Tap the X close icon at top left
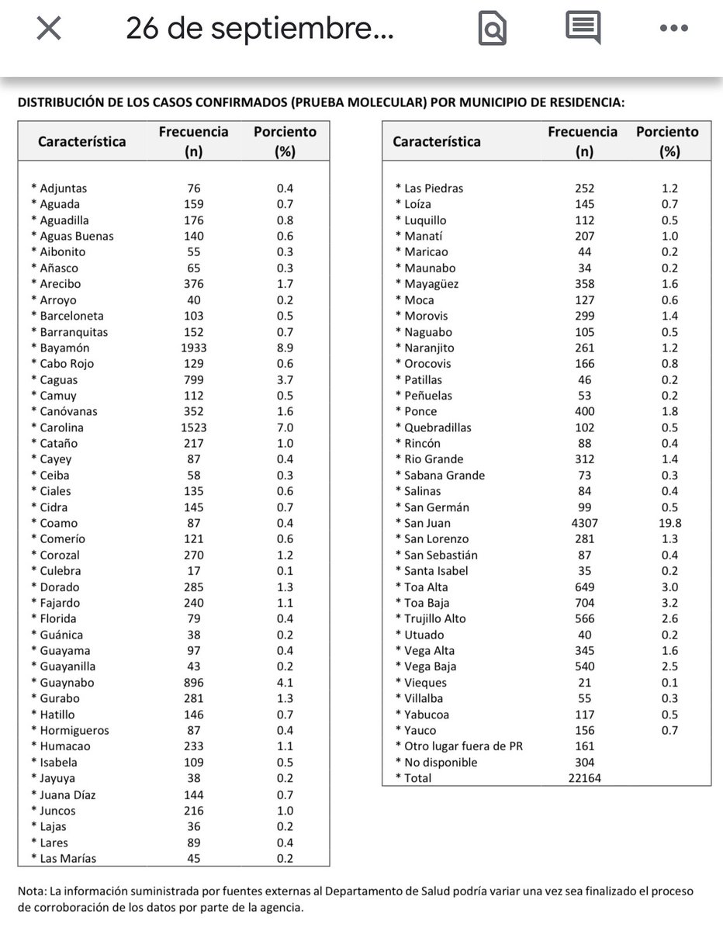49,29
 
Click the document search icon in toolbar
493,29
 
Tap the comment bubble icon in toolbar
583,29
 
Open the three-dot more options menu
673,29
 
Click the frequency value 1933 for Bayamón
193,348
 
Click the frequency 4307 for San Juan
584,523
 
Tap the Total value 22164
584,778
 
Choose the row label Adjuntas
63,189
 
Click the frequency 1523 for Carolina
193,427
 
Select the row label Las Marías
67,858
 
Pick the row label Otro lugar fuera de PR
463,746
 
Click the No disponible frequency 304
584,762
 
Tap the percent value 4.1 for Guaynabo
285,683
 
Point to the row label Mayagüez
431,284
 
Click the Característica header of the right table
436,141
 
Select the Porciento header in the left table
285,132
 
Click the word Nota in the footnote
32,891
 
